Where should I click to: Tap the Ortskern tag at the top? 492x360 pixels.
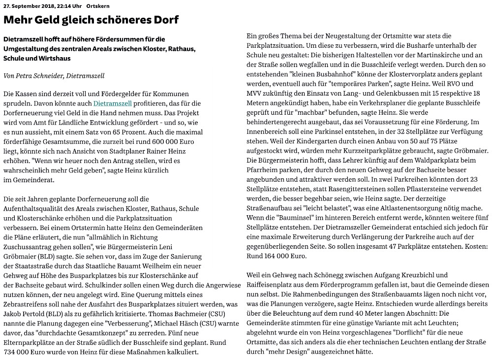pyautogui.click(x=98, y=5)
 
